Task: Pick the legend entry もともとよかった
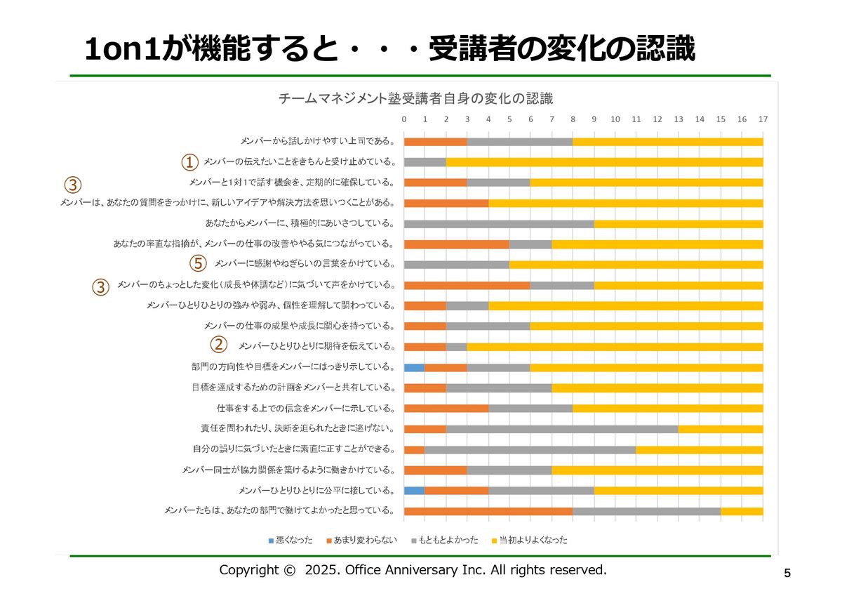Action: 448,540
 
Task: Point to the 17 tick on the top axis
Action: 763,119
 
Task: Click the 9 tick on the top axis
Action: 594,119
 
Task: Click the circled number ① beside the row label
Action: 189,163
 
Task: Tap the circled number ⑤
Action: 199,265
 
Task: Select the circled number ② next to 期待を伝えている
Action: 220,345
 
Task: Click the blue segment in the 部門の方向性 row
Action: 414,367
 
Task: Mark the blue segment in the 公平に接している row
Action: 414,490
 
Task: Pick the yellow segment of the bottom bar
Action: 742,511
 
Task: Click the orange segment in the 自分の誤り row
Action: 414,449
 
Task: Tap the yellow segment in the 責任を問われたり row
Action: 721,428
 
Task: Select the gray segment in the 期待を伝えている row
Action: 457,347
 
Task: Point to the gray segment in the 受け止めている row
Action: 425,162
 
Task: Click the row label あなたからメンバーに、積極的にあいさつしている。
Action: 300,224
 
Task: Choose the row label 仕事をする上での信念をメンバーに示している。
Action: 306,409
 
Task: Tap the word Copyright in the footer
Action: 250,570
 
